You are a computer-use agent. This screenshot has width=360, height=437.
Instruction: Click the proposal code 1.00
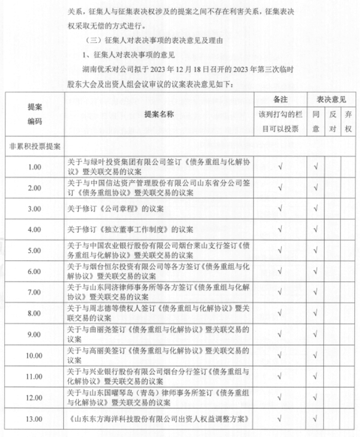[34, 167]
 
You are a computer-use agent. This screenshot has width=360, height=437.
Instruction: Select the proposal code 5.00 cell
[34, 250]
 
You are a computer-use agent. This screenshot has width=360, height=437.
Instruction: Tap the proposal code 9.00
[34, 334]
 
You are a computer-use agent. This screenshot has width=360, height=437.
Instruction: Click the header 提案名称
[159, 114]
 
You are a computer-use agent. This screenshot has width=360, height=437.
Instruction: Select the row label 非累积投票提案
[34, 146]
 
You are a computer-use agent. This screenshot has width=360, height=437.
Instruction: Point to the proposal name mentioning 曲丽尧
[159, 334]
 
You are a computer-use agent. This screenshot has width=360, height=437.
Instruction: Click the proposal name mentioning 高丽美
[159, 355]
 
